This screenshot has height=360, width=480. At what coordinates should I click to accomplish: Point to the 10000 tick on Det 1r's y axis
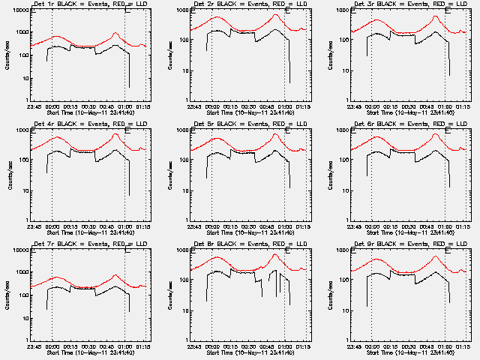click(x=20, y=10)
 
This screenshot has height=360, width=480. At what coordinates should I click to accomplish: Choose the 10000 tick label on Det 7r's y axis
click(x=20, y=250)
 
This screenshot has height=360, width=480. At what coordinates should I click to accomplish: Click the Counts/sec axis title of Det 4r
click(x=5, y=174)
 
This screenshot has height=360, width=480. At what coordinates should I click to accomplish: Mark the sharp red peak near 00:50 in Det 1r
click(x=114, y=34)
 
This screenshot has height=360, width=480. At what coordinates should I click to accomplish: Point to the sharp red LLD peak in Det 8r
click(x=274, y=255)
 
